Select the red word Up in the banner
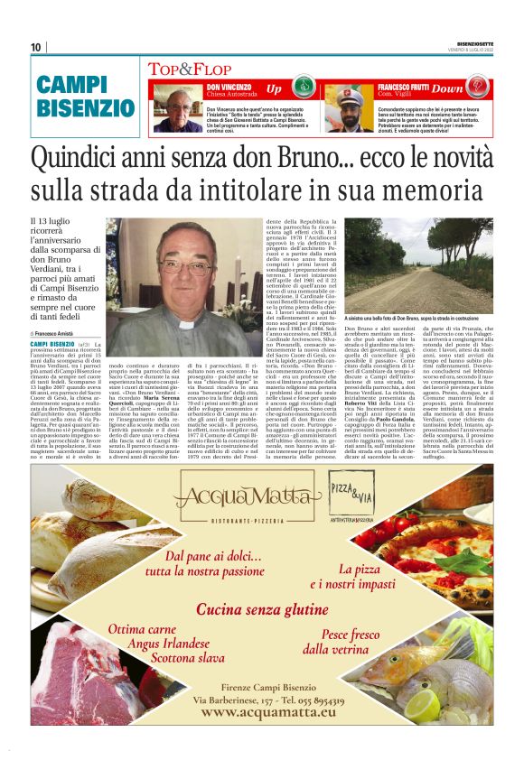tap(274, 88)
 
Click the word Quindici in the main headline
tap(89, 158)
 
